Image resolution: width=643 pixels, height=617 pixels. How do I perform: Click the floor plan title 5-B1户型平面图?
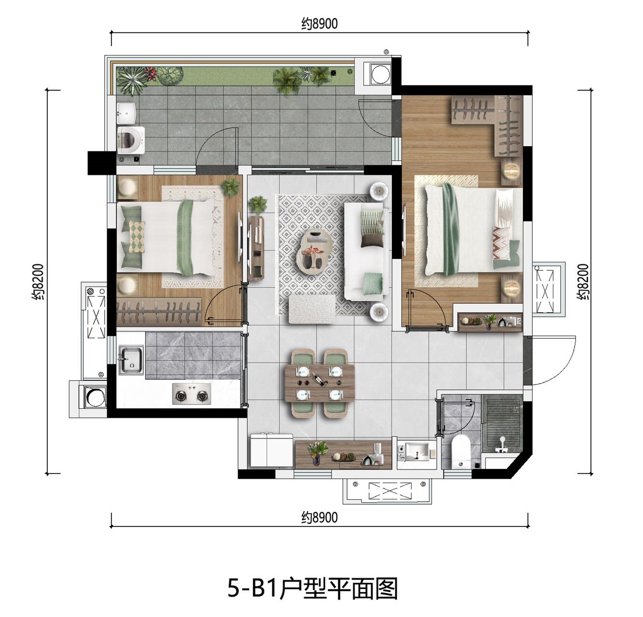[x=312, y=588]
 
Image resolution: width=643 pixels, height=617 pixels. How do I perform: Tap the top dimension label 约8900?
[x=319, y=24]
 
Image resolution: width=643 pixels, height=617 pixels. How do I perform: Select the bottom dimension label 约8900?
[x=319, y=517]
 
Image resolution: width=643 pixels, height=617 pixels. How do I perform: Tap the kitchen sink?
[x=131, y=360]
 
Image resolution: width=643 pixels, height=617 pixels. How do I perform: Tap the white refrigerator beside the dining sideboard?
[x=271, y=450]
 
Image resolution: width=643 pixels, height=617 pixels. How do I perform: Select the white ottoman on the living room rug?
[x=312, y=309]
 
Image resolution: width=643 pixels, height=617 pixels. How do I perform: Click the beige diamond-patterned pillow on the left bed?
[x=136, y=237]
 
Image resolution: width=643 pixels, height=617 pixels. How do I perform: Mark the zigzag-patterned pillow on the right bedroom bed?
[x=502, y=243]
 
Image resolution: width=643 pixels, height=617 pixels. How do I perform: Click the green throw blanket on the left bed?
[x=186, y=237]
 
